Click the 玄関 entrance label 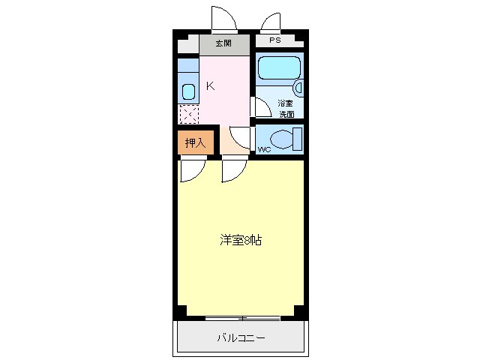[223, 43]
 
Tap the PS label [275, 40]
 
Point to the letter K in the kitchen [210, 85]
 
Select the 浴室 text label [286, 103]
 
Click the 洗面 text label [286, 114]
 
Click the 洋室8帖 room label [240, 241]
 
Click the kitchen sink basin [188, 92]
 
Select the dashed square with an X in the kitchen [188, 114]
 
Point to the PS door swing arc [270, 21]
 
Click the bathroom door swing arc [262, 106]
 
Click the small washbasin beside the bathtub [299, 88]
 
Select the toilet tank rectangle [298, 139]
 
